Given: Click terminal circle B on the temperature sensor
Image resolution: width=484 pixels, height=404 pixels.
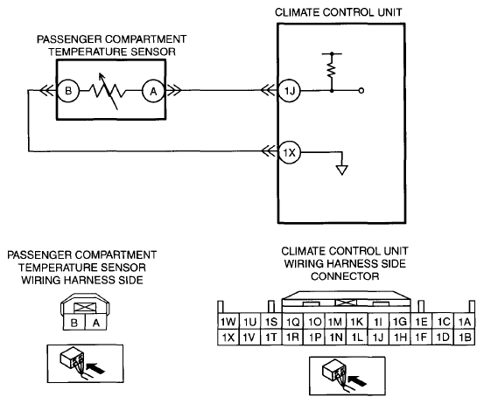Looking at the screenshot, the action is coord(68,91).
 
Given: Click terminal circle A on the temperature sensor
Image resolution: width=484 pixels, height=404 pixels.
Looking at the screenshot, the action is coord(153,91).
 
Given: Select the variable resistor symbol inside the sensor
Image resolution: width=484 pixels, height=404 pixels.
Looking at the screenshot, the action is coord(108,91).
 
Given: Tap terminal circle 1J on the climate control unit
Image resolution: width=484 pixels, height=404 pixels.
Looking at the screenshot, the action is coord(289,91).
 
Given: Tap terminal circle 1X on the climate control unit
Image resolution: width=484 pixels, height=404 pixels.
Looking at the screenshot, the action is coord(289,152).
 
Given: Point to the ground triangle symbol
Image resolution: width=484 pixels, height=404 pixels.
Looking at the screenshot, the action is coord(341,171).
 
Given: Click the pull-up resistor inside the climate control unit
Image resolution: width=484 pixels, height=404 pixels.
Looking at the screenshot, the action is coord(332,70).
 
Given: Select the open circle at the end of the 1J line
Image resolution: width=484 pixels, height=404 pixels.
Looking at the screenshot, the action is coord(361,91).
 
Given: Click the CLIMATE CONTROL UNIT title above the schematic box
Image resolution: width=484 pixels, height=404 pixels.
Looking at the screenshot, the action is coord(339,12).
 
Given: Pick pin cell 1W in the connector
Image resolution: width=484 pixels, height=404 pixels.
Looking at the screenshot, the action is coord(228,322).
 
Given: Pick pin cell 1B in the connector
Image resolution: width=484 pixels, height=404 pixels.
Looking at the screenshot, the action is coord(465,337).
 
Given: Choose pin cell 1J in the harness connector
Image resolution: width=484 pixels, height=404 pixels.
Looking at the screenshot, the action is coord(378,337).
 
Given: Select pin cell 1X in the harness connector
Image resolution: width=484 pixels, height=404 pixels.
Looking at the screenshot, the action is coord(228,337).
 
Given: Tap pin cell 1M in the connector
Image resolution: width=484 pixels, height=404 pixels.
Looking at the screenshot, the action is coord(335,322).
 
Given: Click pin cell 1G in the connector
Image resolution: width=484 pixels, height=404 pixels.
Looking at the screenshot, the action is coord(400,322).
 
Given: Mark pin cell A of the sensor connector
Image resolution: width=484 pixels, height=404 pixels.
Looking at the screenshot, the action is coord(96,323).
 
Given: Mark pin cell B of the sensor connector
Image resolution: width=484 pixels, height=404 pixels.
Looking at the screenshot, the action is coord(74,323).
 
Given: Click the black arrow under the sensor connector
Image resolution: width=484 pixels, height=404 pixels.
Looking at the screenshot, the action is coord(95,367).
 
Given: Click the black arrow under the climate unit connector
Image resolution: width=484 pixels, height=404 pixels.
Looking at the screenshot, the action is coord(357,380).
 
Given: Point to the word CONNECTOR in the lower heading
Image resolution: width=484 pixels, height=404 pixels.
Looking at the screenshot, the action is coord(345,276).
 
